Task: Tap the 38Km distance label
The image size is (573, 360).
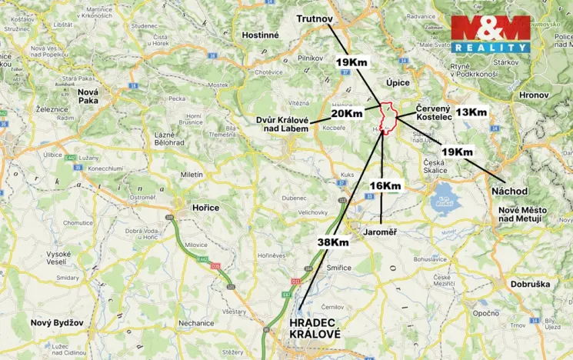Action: click(x=333, y=242)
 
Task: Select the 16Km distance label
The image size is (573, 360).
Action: click(x=385, y=185)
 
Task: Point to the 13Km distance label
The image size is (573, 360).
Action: click(x=471, y=112)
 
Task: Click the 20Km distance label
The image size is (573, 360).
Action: click(x=347, y=113)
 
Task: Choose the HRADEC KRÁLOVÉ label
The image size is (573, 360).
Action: click(x=314, y=328)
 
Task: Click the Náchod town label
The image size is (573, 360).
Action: click(x=509, y=190)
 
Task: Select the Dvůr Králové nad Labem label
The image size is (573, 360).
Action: click(x=283, y=125)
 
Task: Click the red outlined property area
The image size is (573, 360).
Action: click(x=388, y=116)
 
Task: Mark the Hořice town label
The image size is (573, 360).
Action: click(x=205, y=207)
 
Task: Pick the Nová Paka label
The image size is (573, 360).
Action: click(x=94, y=96)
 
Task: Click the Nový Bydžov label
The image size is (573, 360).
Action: click(x=56, y=323)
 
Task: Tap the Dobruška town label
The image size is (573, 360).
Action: click(x=530, y=284)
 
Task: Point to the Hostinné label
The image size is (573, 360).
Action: click(x=260, y=35)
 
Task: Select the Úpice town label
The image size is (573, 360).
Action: click(x=398, y=82)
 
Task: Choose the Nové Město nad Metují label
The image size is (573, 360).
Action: click(x=520, y=214)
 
